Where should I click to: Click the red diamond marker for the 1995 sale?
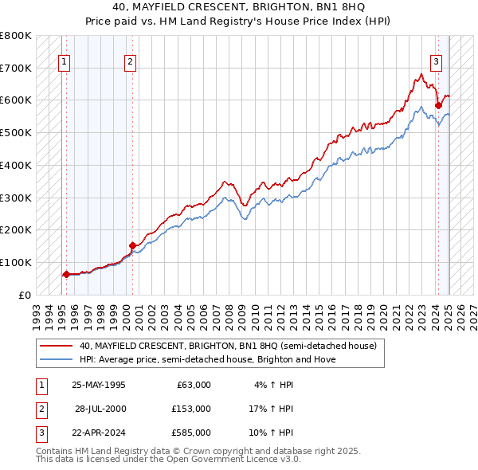pos(66,274)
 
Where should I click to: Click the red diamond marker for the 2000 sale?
pos(132,245)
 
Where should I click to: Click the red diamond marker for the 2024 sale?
pos(438,104)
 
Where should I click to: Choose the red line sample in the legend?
pos(57,346)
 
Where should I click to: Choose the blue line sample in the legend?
pos(57,359)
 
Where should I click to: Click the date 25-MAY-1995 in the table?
pos(99,385)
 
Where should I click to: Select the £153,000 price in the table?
pos(191,409)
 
